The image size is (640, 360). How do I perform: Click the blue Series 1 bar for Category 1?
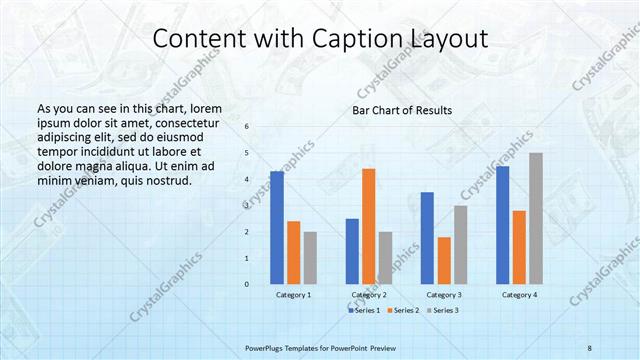click(277, 228)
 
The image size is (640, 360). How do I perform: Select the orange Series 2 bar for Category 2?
click(368, 226)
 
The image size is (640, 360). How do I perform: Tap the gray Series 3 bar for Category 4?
click(536, 218)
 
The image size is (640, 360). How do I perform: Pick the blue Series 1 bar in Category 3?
click(427, 238)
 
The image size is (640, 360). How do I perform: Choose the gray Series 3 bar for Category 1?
click(310, 258)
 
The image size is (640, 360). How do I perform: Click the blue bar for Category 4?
click(503, 225)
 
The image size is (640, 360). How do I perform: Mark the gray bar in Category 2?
click(385, 258)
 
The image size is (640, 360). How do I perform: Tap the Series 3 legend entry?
click(445, 311)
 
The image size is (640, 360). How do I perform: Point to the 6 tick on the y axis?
click(247, 126)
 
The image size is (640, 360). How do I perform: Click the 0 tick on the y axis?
click(247, 284)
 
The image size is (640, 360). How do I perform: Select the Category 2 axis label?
click(369, 295)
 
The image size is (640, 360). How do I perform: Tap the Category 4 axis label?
click(519, 295)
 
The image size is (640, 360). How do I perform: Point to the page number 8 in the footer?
click(590, 346)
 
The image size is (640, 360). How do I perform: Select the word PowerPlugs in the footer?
click(266, 346)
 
